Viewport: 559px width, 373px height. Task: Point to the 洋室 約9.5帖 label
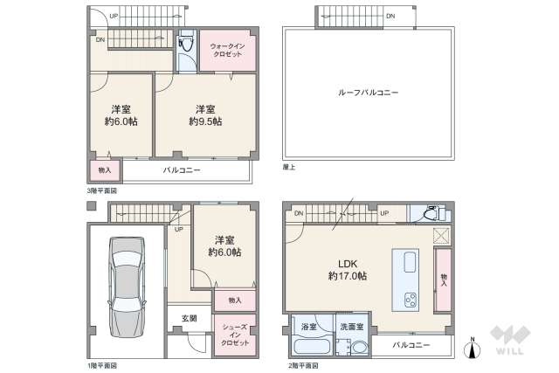[x=206, y=115]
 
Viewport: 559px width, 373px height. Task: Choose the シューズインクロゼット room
[x=235, y=335]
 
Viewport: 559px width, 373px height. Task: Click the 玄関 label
[x=190, y=317]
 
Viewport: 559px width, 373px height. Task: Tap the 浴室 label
[x=309, y=328]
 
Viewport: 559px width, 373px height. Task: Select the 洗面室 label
[x=352, y=328]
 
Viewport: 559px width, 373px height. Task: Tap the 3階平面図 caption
[x=102, y=190]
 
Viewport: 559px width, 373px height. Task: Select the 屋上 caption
[x=289, y=165]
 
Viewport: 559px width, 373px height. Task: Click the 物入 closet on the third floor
[x=104, y=170]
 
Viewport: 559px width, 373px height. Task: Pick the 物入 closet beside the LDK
[x=444, y=280]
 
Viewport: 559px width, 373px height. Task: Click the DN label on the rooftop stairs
[x=390, y=16]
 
